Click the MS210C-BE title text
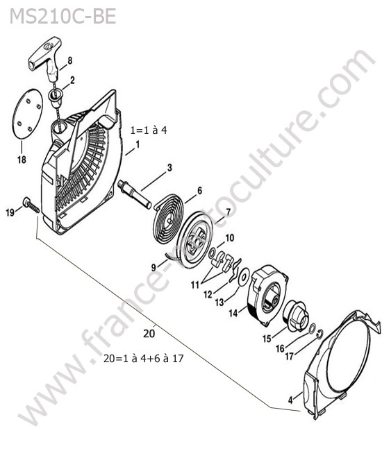point(63,17)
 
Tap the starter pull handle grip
point(45,58)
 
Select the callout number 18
point(22,160)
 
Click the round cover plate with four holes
point(27,114)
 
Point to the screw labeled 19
point(31,205)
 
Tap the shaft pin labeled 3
point(135,194)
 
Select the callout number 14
point(233,313)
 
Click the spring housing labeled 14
point(267,296)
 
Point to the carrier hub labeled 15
point(297,316)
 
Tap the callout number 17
point(289,356)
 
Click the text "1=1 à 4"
point(149,130)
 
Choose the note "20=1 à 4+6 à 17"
point(143,359)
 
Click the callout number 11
point(195,285)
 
